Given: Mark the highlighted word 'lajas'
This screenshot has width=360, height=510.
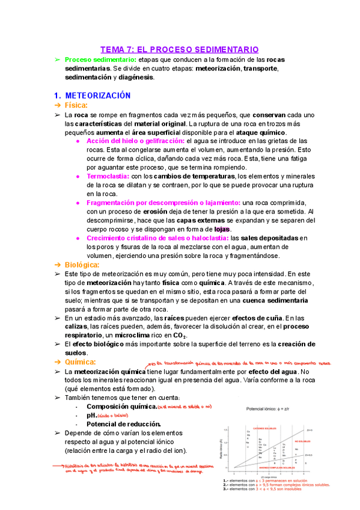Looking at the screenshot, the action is coord(222,229).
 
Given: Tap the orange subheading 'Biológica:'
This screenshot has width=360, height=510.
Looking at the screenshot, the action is coord(82,265).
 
